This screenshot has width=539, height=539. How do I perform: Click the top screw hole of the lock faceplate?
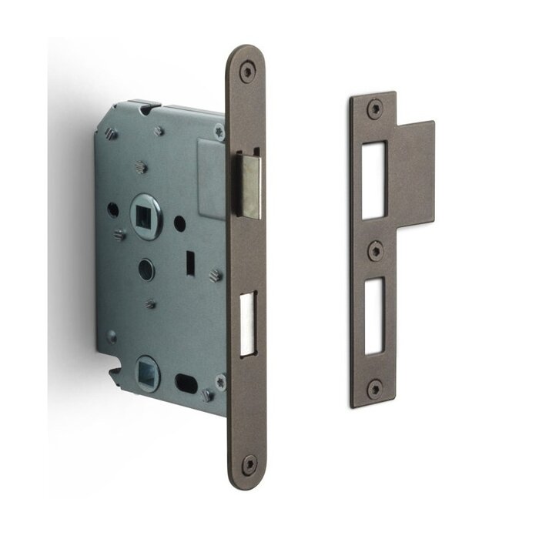(246, 72)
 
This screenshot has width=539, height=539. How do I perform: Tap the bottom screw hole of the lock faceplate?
(248, 464)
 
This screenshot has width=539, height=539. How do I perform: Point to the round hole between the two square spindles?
(146, 269)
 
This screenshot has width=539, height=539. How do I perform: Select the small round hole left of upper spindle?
(113, 209)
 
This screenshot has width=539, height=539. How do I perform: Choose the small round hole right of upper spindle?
(179, 223)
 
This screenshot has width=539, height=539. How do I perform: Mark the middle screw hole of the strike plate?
(374, 250)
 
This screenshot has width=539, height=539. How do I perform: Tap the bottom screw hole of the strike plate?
(374, 388)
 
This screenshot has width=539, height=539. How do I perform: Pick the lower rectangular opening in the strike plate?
(373, 315)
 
